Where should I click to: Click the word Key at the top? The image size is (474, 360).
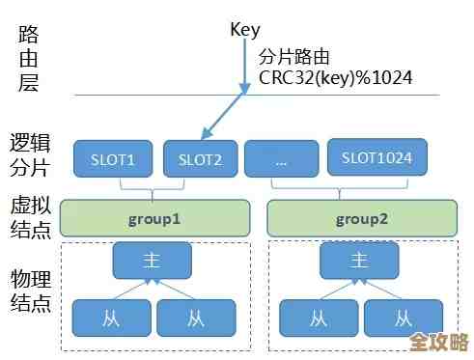point(246,29)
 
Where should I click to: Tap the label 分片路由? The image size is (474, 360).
point(293,57)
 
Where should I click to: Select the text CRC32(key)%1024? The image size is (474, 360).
point(333,78)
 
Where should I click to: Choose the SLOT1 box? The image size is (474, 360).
point(112,159)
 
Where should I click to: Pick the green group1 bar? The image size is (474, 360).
point(154,219)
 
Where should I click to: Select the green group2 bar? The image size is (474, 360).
point(361,219)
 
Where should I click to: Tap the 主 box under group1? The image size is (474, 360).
point(152,260)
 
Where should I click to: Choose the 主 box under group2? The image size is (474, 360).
point(359,260)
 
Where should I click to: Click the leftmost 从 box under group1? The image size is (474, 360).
point(111,317)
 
